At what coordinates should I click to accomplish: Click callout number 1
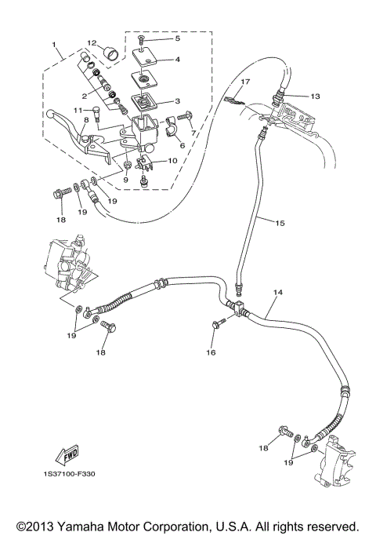click(x=55, y=46)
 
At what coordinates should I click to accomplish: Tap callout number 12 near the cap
click(x=92, y=43)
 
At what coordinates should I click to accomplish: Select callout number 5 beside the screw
click(x=177, y=38)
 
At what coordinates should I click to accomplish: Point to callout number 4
click(x=177, y=59)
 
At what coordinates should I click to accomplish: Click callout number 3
click(x=177, y=101)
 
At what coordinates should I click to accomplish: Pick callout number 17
click(x=244, y=82)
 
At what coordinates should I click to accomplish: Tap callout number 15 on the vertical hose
click(x=280, y=223)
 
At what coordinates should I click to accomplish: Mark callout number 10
click(x=172, y=160)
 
